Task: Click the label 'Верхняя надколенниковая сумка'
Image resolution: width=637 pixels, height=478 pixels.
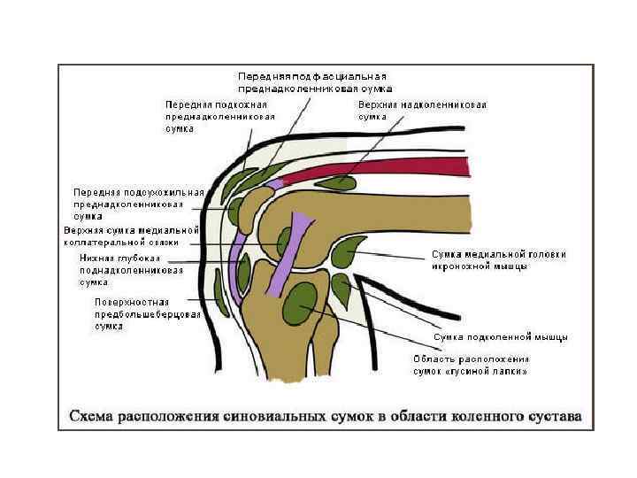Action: click(422, 111)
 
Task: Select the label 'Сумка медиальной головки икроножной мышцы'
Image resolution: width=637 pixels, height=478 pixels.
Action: click(498, 260)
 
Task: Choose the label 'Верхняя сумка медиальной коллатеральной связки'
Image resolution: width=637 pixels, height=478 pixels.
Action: click(132, 236)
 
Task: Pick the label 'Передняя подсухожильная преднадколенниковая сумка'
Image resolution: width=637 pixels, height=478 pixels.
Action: click(138, 204)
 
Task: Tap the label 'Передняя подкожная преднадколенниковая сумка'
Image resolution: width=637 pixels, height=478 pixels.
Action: click(219, 116)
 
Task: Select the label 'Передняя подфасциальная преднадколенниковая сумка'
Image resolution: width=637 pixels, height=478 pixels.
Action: click(314, 82)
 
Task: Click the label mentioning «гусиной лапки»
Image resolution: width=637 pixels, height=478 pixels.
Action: click(471, 366)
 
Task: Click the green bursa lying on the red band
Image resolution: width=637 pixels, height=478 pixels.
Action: click(335, 183)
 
